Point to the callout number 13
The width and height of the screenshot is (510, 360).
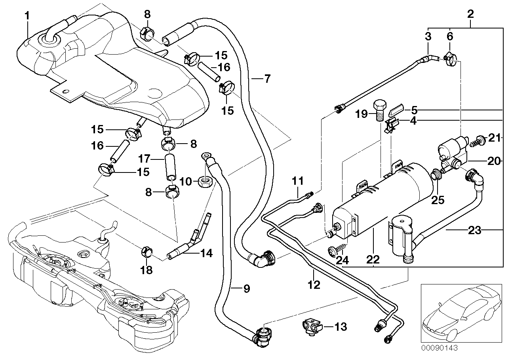[341, 327]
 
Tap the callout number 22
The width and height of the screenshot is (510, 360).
[373, 260]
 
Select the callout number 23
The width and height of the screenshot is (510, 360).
[474, 230]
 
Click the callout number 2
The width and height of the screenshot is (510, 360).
[470, 14]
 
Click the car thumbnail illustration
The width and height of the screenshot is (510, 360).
[459, 313]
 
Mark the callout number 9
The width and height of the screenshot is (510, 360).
[246, 289]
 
